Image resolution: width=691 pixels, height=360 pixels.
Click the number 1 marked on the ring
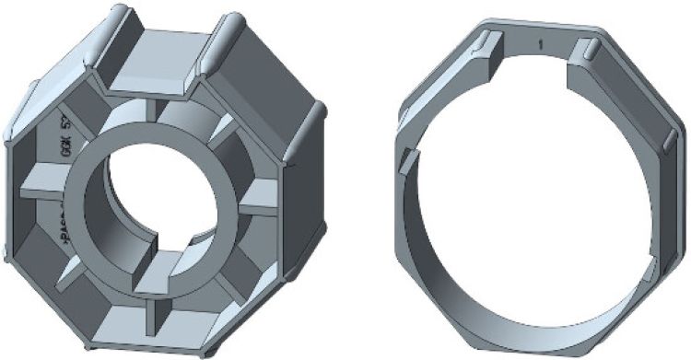click(x=543, y=44)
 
